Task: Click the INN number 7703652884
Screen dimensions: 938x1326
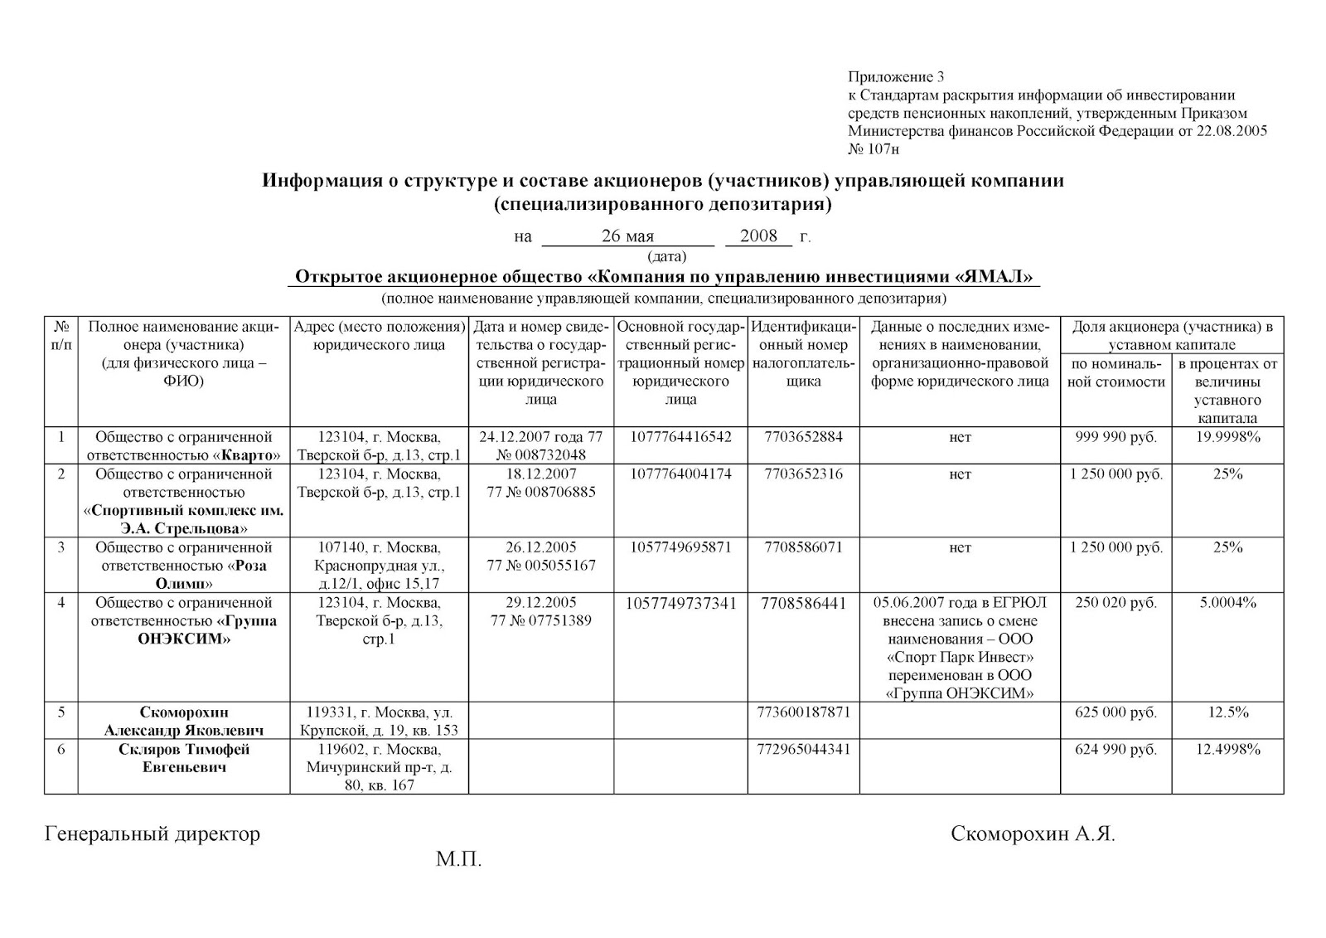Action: [x=803, y=437]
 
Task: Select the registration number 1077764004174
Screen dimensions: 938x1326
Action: [x=681, y=474]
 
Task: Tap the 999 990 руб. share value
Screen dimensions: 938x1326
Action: [x=1115, y=437]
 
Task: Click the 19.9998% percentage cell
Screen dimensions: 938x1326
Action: [x=1227, y=437]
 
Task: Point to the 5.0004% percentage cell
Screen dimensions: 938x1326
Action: [x=1227, y=603]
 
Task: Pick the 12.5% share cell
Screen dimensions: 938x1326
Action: [x=1227, y=712]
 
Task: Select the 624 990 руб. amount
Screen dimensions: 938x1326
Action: [x=1115, y=750]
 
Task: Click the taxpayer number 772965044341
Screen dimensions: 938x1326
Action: [x=803, y=750]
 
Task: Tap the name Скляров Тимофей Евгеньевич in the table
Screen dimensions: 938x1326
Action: [x=183, y=758]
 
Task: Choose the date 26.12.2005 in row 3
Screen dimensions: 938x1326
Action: [x=541, y=547]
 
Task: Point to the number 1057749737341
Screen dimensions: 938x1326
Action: [x=681, y=604]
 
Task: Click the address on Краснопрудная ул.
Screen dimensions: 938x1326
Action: [x=379, y=566]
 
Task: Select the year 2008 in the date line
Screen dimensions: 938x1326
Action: [x=758, y=236]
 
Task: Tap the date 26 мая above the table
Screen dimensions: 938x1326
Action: [x=627, y=236]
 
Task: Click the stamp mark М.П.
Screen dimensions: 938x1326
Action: [x=459, y=859]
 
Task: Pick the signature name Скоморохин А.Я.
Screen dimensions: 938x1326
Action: [x=1033, y=834]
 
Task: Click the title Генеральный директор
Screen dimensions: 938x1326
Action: [x=152, y=834]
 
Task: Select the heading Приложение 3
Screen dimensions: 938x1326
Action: [x=896, y=77]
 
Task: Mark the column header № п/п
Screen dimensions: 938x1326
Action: [x=60, y=335]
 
